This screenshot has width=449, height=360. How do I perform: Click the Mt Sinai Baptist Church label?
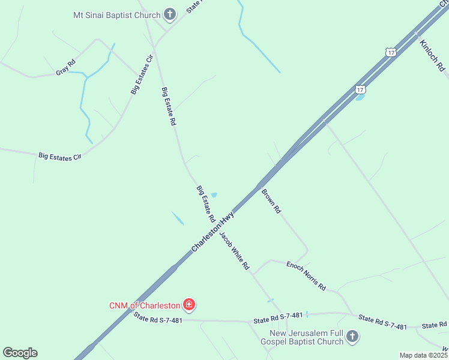pos(116,15)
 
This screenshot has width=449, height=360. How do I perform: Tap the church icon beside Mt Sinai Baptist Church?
pos(170,14)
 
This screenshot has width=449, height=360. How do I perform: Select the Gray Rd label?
pos(65,67)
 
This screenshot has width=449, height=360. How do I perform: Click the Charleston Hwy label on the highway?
pos(212,231)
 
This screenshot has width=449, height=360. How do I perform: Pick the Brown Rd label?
pos(271,202)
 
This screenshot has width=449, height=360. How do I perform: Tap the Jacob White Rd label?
pos(234,250)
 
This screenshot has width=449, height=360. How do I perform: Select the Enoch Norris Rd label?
pos(306,276)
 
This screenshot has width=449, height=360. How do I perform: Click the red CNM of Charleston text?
pos(145,305)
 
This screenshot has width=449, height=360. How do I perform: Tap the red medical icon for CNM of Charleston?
pos(189,305)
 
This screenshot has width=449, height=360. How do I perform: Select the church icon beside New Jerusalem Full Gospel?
pos(352,337)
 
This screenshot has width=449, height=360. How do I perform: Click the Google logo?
pos(20,353)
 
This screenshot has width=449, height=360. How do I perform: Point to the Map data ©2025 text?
pos(423,355)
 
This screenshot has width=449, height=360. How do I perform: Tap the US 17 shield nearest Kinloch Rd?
pos(391,53)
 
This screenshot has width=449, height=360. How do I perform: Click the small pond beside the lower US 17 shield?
pos(360,97)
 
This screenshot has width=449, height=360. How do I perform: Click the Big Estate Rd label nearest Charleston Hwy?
pos(206,203)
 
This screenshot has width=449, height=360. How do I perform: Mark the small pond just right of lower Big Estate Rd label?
pos(214,194)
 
